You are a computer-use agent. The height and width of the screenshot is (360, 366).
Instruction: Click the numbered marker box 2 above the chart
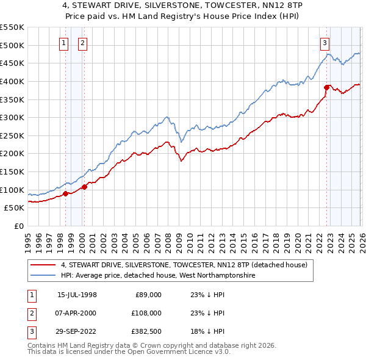[x=82, y=43]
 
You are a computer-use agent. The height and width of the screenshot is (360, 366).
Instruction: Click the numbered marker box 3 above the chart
[x=325, y=43]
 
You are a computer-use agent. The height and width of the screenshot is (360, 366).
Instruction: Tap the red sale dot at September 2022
[x=326, y=87]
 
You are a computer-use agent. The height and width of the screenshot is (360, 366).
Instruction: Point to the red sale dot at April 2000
[x=84, y=187]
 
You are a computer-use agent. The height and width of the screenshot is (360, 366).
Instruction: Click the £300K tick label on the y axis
[x=12, y=117]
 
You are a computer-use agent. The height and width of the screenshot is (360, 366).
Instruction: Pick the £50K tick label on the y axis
[x=14, y=207]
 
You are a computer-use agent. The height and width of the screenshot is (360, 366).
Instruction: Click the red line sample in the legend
[x=43, y=265]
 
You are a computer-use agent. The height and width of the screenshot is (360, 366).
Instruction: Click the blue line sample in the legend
[x=43, y=275]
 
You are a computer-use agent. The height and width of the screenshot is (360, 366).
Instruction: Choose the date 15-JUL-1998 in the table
[x=77, y=295]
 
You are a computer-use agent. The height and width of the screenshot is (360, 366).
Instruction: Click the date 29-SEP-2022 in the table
[x=77, y=331]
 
